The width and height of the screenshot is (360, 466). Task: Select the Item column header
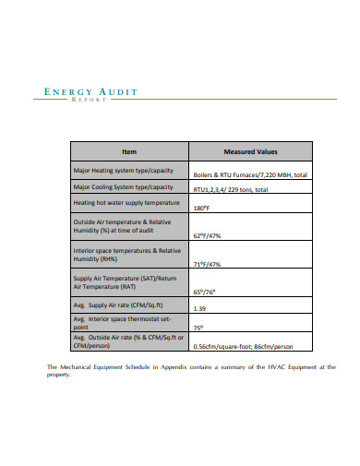coord(128,151)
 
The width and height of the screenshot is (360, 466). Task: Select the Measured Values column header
coord(250,151)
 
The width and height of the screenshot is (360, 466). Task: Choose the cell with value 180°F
coord(202,209)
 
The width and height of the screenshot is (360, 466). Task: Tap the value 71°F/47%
coord(208,265)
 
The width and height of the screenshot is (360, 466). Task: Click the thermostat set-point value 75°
coord(198,327)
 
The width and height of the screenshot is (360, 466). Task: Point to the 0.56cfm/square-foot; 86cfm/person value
coord(246,346)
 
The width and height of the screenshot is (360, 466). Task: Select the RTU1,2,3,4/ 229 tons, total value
coord(231,189)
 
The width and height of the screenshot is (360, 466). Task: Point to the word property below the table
coord(58,375)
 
